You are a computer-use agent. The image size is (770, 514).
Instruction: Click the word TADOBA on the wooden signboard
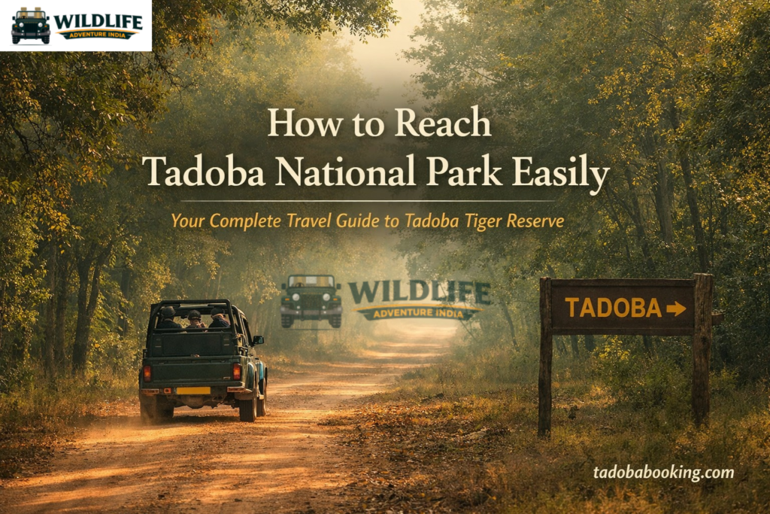tap(613, 308)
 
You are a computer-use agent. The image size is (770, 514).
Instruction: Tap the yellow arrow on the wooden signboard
tap(676, 309)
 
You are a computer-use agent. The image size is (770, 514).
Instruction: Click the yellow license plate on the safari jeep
tap(193, 391)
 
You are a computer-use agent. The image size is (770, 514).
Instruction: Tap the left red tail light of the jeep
tap(147, 372)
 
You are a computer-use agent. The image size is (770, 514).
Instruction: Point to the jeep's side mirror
tap(258, 340)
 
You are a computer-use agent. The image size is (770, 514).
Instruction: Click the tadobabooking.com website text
tap(663, 473)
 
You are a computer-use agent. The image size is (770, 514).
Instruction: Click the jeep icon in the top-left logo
tap(31, 25)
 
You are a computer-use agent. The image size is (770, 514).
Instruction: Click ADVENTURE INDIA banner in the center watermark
tap(418, 310)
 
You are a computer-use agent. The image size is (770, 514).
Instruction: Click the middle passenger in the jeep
tap(195, 319)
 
